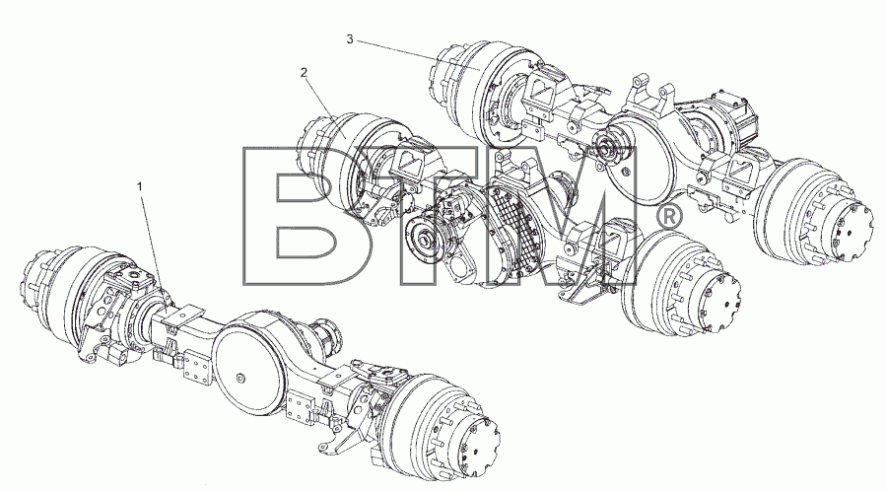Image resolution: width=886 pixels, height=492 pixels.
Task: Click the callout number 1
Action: (x=141, y=185)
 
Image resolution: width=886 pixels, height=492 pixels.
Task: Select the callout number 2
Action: (x=304, y=72)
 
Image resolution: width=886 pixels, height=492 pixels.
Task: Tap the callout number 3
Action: (x=350, y=39)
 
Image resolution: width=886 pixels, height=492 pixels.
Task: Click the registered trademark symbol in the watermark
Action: (x=669, y=217)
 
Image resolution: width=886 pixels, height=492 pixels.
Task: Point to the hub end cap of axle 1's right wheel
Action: (x=474, y=447)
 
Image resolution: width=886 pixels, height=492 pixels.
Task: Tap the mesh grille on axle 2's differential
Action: (x=511, y=226)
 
